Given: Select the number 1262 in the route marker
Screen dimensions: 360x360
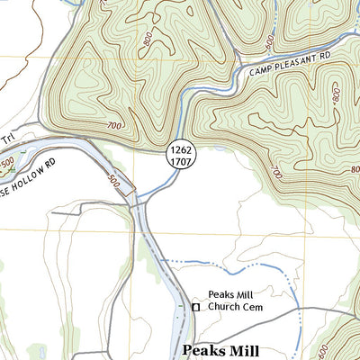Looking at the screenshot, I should click(x=179, y=152).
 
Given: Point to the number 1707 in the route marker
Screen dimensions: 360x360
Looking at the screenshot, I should click(x=179, y=164).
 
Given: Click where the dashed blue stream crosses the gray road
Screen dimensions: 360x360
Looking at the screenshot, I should click(x=296, y=310).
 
